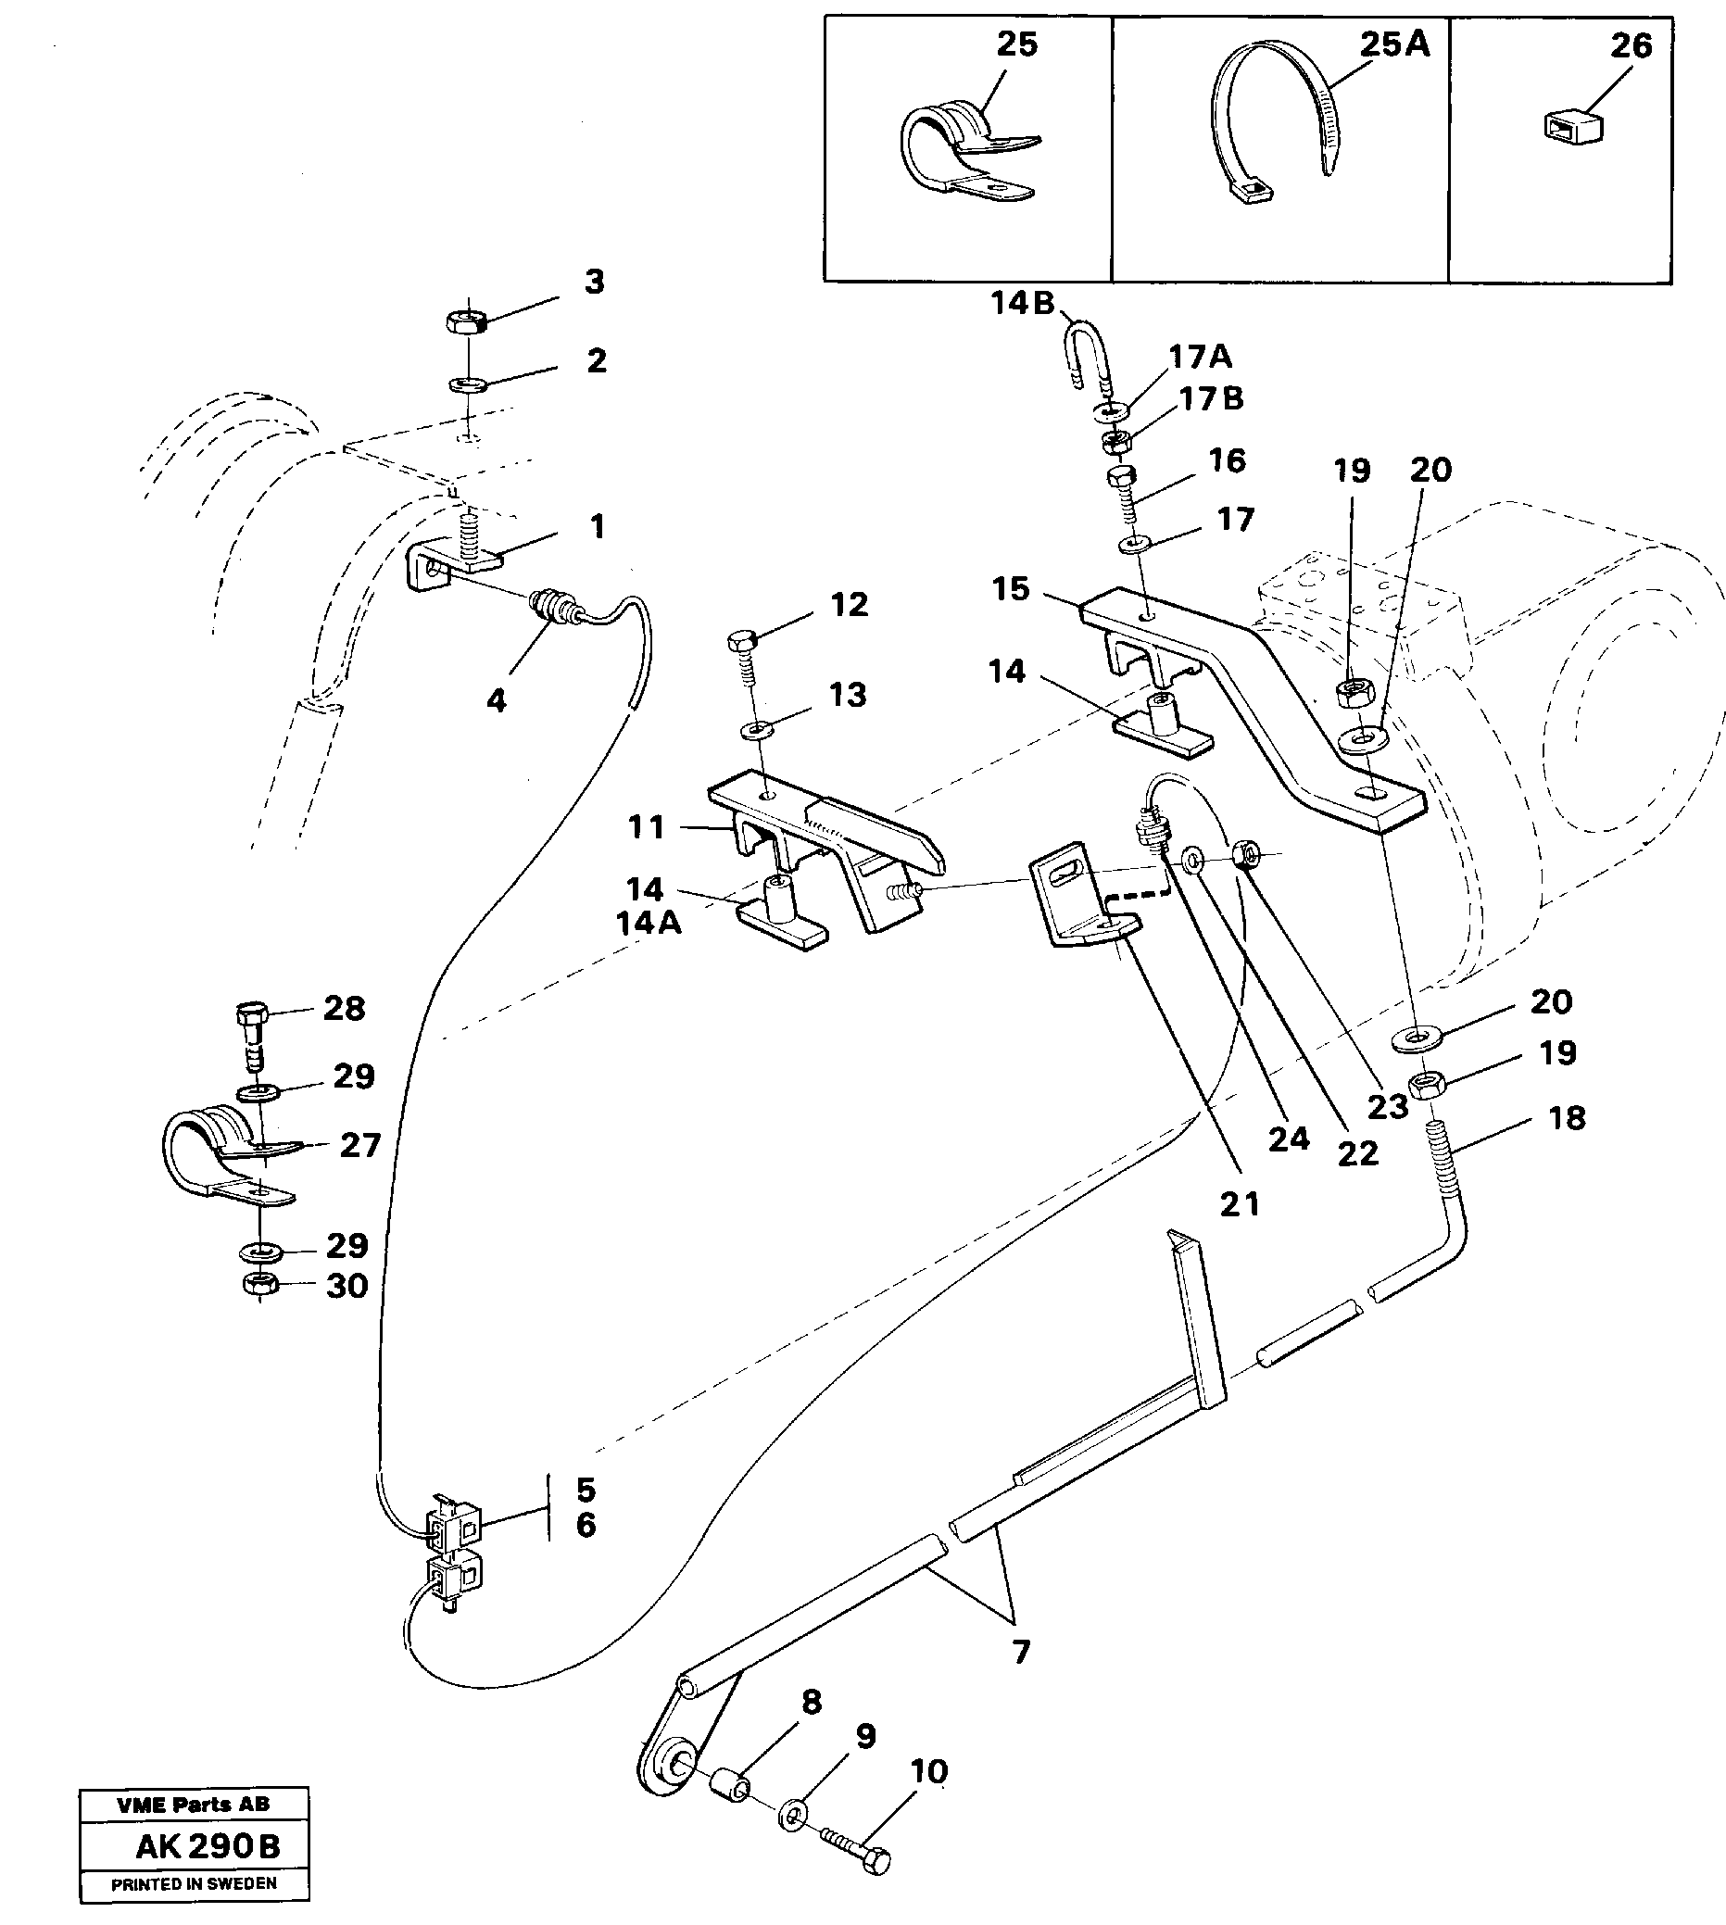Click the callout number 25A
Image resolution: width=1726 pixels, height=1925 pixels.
tap(1394, 44)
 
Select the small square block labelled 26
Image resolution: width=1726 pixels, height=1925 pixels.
tap(1570, 126)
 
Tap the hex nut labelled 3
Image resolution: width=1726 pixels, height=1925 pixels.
tap(466, 321)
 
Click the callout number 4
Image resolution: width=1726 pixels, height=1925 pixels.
tap(496, 701)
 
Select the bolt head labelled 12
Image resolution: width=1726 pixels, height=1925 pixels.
tap(740, 642)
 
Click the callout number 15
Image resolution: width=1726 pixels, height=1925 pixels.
tap(1010, 589)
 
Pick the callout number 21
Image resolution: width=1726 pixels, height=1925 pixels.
tap(1240, 1204)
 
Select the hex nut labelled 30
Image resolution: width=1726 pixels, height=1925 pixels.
tap(258, 1286)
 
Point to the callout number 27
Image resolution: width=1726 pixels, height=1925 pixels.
tap(360, 1146)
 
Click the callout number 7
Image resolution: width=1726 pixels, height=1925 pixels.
tap(1020, 1653)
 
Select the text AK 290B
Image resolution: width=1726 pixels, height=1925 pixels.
tap(208, 1847)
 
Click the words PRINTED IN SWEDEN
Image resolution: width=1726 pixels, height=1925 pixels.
tap(194, 1884)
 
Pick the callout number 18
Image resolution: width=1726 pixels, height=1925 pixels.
tap(1567, 1118)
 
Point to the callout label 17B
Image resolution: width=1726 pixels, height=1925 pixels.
tap(1210, 398)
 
